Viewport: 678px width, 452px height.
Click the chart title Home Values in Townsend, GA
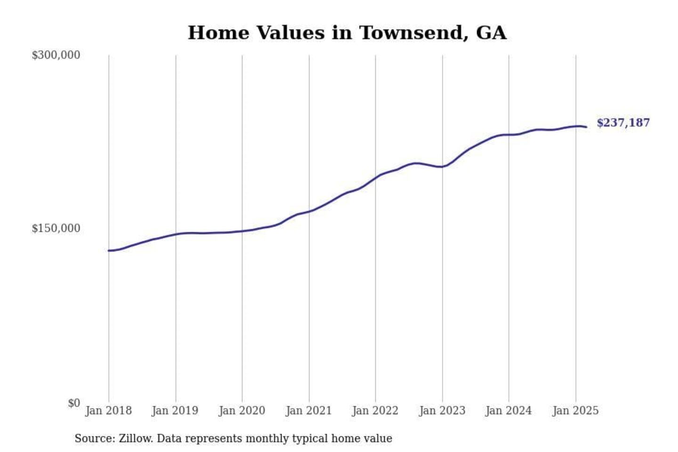pyautogui.click(x=347, y=33)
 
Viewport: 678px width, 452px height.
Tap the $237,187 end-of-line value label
pyautogui.click(x=623, y=123)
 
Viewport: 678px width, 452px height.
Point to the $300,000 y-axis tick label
pyautogui.click(x=56, y=55)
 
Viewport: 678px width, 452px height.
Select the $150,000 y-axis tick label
pyautogui.click(x=56, y=228)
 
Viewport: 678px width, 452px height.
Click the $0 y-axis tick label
pyautogui.click(x=74, y=403)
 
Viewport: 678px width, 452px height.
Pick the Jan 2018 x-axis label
pyautogui.click(x=108, y=411)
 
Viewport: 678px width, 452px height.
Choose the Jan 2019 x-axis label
pyautogui.click(x=175, y=411)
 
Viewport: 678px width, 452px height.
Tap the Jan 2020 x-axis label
pyautogui.click(x=242, y=411)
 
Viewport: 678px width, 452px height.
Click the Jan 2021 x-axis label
pyautogui.click(x=309, y=411)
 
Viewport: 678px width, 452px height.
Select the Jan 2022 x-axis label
pyautogui.click(x=375, y=411)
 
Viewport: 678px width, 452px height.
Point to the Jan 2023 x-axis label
pyautogui.click(x=442, y=411)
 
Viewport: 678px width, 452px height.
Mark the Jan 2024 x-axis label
pyautogui.click(x=508, y=411)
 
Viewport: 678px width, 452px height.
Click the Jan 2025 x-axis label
pyautogui.click(x=575, y=411)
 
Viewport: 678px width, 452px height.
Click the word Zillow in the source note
pyautogui.click(x=136, y=438)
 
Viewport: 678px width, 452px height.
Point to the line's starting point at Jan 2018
pyautogui.click(x=109, y=250)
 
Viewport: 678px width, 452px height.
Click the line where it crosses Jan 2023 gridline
pyautogui.click(x=442, y=166)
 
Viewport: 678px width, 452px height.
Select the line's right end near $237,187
pyautogui.click(x=586, y=127)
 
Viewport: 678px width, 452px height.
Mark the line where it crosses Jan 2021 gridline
pyautogui.click(x=309, y=211)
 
